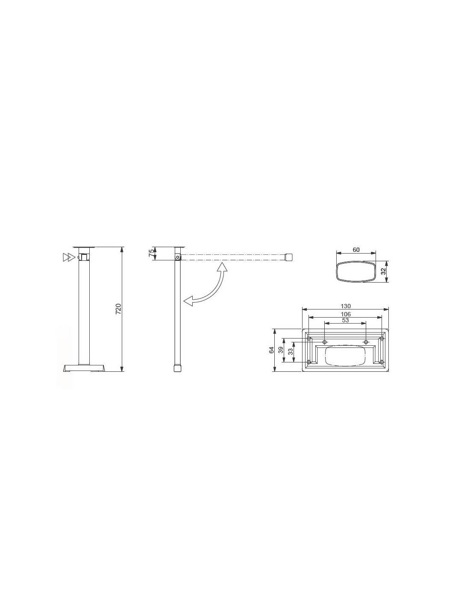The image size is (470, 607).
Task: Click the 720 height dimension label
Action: [118, 309]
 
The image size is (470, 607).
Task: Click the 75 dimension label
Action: [151, 253]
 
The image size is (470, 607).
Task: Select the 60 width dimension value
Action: [356, 250]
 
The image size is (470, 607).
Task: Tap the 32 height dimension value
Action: [383, 271]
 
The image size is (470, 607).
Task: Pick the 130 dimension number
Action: [346, 306]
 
